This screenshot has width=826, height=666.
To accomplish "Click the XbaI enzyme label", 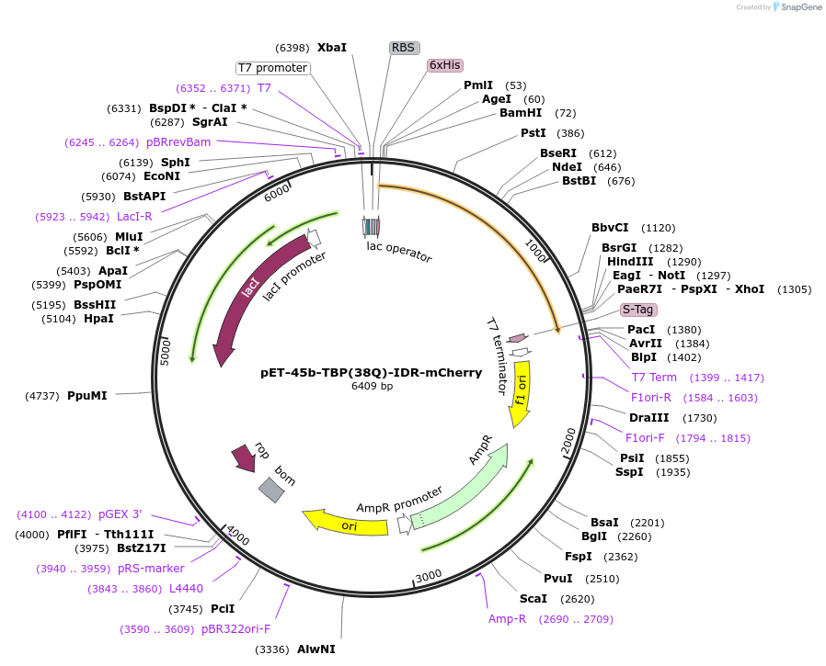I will pyautogui.click(x=332, y=47).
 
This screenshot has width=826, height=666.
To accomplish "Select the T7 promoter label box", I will pyautogui.click(x=272, y=68).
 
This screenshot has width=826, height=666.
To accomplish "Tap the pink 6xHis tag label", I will pyautogui.click(x=445, y=65).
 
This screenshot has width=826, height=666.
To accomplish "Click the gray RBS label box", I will pyautogui.click(x=404, y=48).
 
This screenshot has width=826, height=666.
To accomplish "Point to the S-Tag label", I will pyautogui.click(x=638, y=310).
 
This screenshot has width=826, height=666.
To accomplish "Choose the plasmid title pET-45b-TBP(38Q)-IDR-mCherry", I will pyautogui.click(x=371, y=373).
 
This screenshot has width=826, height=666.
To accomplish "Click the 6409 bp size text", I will pyautogui.click(x=372, y=386).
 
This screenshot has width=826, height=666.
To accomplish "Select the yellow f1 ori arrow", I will pyautogui.click(x=521, y=391).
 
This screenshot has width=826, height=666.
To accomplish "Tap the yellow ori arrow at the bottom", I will pyautogui.click(x=348, y=525).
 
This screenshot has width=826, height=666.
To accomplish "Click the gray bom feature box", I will pyautogui.click(x=271, y=490).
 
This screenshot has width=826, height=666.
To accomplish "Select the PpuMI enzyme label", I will pyautogui.click(x=87, y=396).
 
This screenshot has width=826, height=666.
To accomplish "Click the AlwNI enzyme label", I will pyautogui.click(x=315, y=649).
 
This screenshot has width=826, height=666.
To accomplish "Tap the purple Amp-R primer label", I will pyautogui.click(x=507, y=619).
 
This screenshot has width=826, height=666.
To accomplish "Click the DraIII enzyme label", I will pyautogui.click(x=648, y=417).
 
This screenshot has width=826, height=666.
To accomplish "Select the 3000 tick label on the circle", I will pyautogui.click(x=429, y=576).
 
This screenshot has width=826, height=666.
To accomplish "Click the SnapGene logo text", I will pyautogui.click(x=801, y=7).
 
